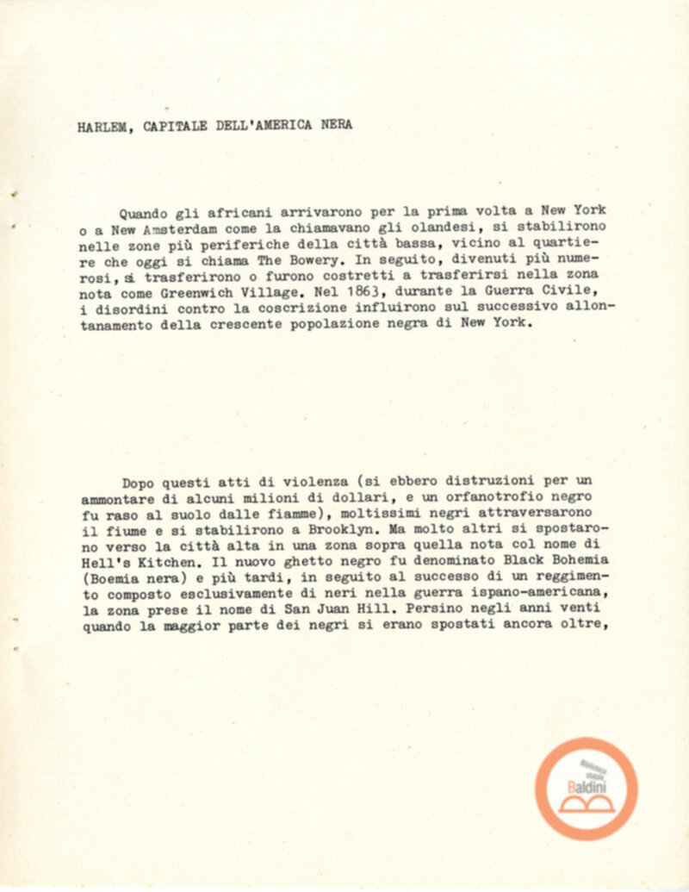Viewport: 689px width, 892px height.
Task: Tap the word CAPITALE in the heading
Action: coord(177,126)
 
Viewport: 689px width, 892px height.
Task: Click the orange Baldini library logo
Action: coord(587,789)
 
